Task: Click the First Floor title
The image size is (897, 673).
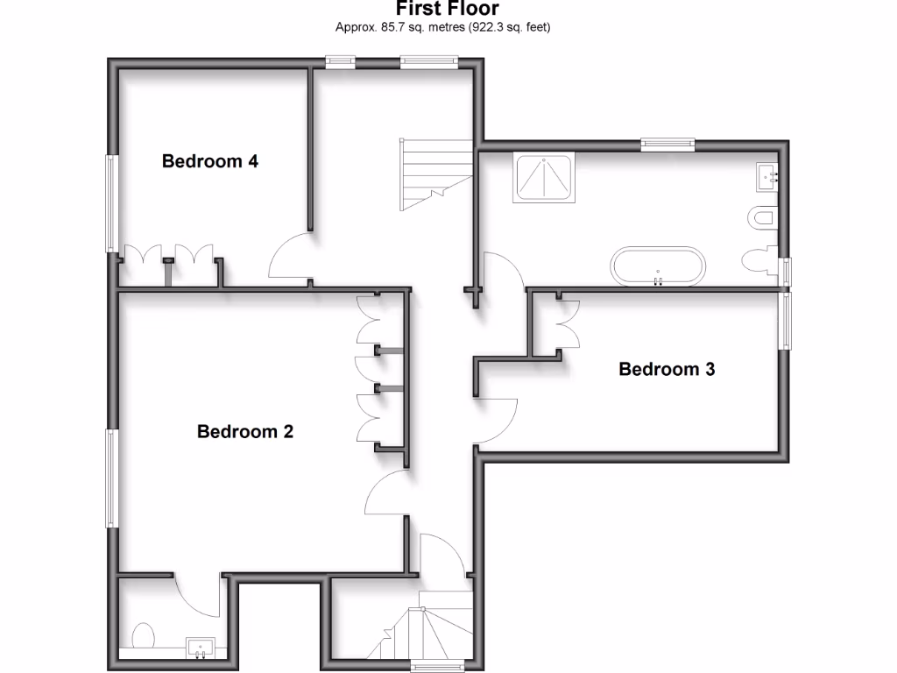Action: pos(448,10)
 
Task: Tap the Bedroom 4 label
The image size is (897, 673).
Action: pos(209,161)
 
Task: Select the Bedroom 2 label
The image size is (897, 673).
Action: pos(244,431)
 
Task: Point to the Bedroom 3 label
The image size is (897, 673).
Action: pos(667,369)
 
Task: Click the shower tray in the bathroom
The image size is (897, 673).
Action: pos(545,178)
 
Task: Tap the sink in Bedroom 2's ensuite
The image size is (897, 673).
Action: pos(201,648)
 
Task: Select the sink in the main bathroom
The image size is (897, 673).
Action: pos(768,177)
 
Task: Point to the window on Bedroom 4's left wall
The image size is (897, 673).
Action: pos(112,203)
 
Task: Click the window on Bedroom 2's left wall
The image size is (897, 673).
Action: pos(112,478)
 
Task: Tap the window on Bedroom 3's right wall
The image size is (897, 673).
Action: pos(784,322)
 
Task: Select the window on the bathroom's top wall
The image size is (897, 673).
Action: pos(667,144)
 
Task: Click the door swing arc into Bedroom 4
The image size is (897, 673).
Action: pos(289,259)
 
